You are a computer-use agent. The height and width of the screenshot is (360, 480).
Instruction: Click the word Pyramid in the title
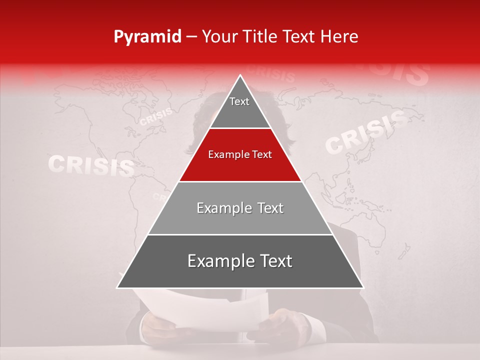click(x=147, y=37)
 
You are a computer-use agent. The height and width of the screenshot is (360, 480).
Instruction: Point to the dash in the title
click(x=191, y=37)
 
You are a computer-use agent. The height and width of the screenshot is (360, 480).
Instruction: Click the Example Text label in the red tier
click(x=240, y=155)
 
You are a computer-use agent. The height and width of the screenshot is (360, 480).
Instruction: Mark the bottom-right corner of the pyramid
click(x=363, y=287)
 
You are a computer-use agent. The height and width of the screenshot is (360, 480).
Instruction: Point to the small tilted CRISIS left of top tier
click(x=156, y=117)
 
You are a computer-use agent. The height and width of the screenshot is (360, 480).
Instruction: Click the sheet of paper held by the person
click(x=200, y=310)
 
